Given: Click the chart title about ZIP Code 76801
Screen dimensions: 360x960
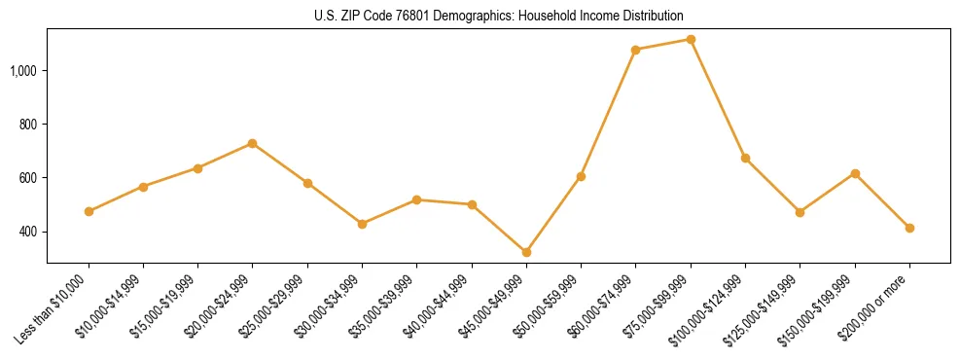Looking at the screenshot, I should (x=498, y=16).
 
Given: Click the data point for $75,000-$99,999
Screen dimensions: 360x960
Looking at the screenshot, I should (x=691, y=39).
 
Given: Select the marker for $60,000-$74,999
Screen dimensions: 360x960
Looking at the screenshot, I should (x=636, y=50).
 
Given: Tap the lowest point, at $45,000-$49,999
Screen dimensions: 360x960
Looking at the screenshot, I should (x=526, y=252).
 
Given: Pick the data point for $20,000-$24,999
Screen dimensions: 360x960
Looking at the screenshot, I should (x=253, y=143).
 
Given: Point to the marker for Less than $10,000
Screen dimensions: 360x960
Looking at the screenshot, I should (x=89, y=211).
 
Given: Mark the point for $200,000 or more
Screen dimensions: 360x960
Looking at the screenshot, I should (x=909, y=228).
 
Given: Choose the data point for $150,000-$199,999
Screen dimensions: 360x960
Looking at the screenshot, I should (x=855, y=173).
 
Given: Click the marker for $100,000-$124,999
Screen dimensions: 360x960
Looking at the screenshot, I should (x=745, y=158).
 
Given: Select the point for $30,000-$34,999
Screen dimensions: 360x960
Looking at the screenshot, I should (x=362, y=224).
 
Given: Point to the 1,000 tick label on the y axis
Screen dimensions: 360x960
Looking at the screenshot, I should (x=24, y=71).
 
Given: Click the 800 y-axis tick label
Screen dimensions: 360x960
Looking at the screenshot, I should (x=29, y=125).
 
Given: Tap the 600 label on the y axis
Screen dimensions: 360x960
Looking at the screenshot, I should (x=29, y=178).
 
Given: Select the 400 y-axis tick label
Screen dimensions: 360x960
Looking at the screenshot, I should (x=29, y=232).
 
